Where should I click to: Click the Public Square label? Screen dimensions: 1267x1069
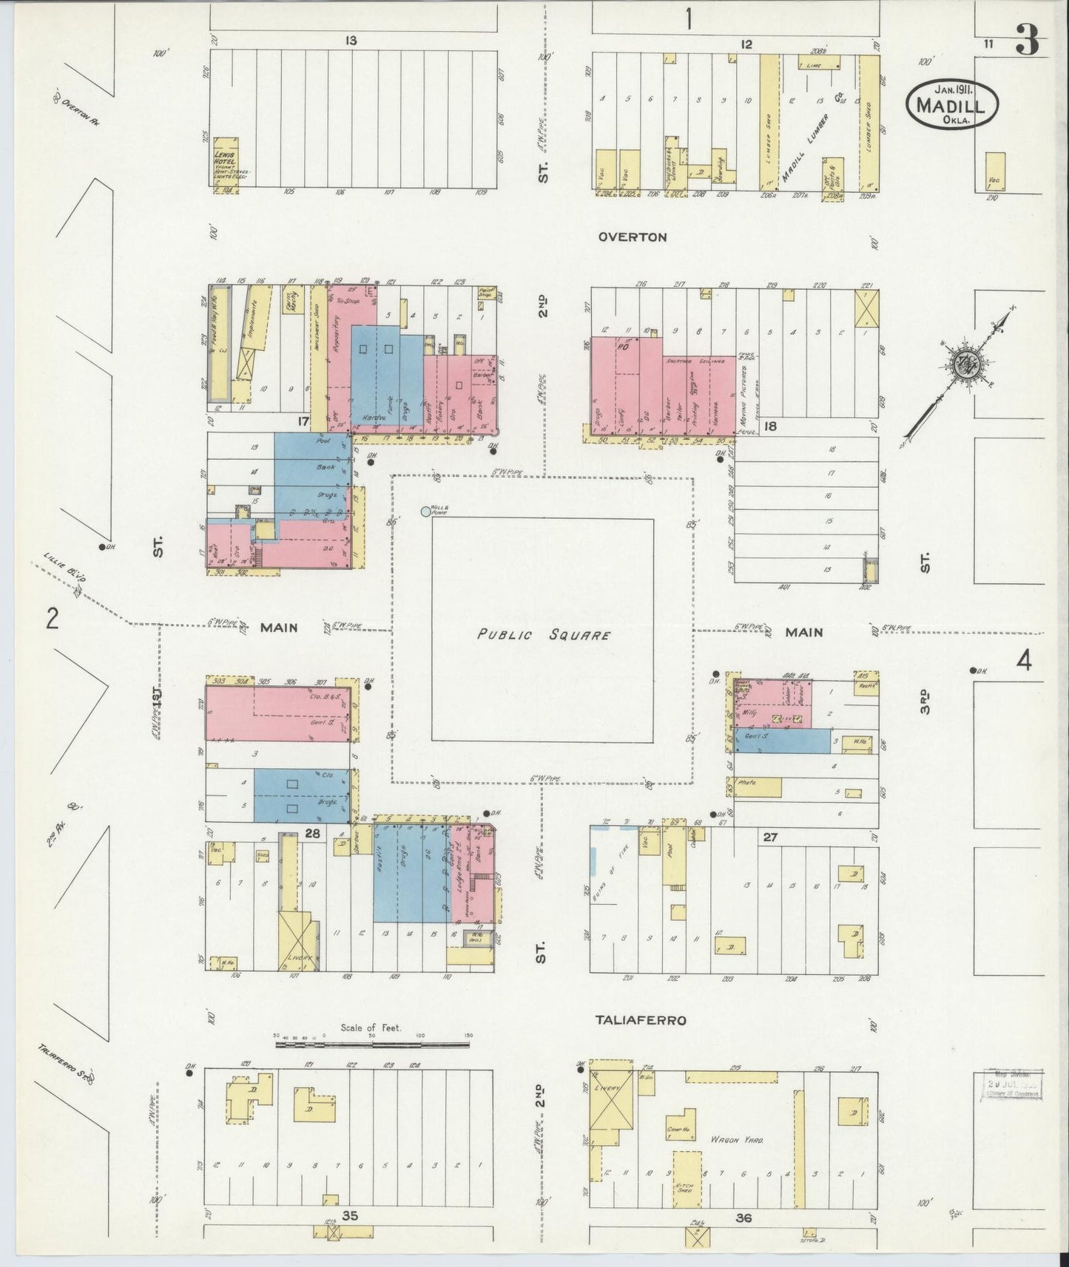click(544, 635)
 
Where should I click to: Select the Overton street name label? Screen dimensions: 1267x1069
click(633, 237)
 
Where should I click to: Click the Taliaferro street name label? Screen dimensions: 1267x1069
click(641, 1020)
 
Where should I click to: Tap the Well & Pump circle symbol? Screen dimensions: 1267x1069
click(425, 511)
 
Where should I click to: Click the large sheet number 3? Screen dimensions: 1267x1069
click(1027, 42)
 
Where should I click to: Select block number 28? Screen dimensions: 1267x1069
click(311, 833)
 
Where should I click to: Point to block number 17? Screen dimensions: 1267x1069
click(302, 421)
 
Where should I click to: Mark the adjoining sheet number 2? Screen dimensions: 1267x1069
click(52, 618)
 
